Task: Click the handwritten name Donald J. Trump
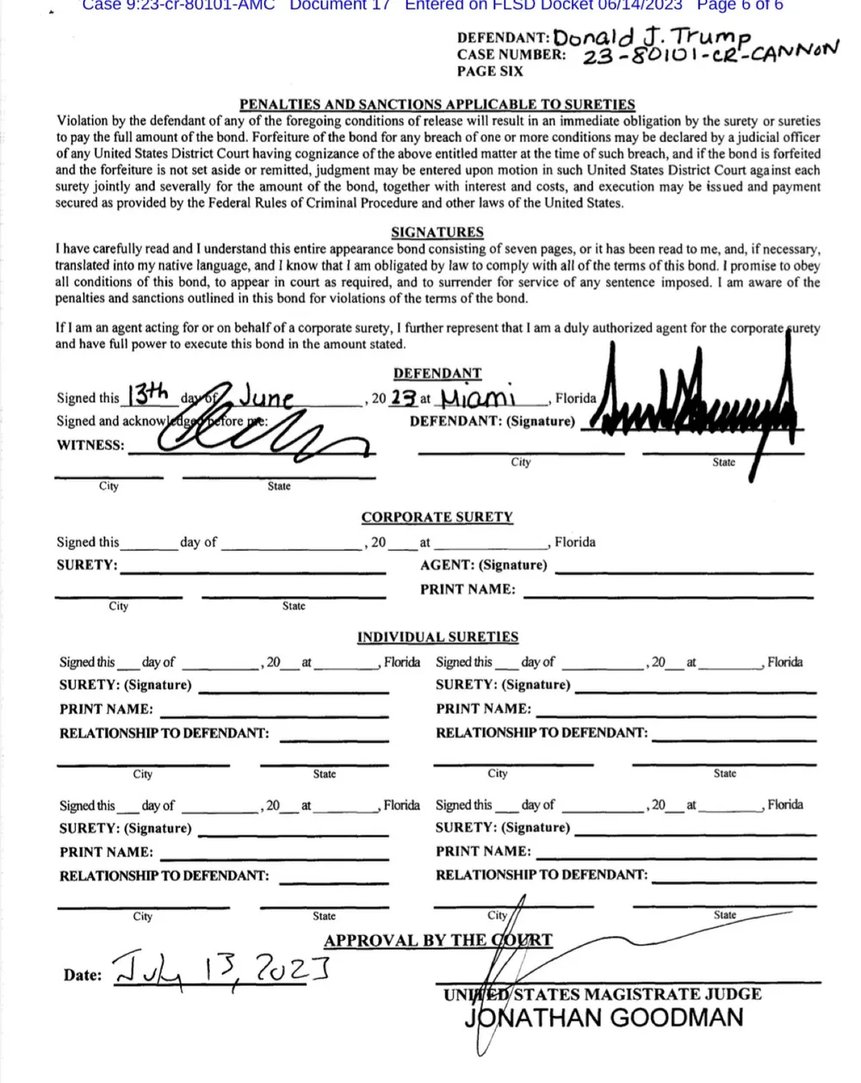click(x=652, y=36)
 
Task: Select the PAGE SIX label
click(x=490, y=71)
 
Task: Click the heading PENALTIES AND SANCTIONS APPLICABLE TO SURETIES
click(x=437, y=104)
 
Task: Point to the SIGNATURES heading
click(x=437, y=232)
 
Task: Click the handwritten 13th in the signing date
click(x=146, y=395)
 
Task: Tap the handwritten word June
click(x=266, y=398)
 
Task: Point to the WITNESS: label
click(x=90, y=445)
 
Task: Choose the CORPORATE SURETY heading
click(x=437, y=517)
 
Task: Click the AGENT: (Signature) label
click(x=483, y=566)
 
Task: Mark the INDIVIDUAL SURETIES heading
click(x=437, y=637)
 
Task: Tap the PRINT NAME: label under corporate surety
click(x=468, y=590)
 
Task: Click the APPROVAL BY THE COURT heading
click(x=437, y=940)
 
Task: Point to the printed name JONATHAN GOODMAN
click(x=604, y=1018)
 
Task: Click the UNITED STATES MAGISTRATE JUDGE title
click(x=602, y=993)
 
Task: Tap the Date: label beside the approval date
click(x=82, y=975)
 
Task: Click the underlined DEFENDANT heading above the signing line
click(x=437, y=374)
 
